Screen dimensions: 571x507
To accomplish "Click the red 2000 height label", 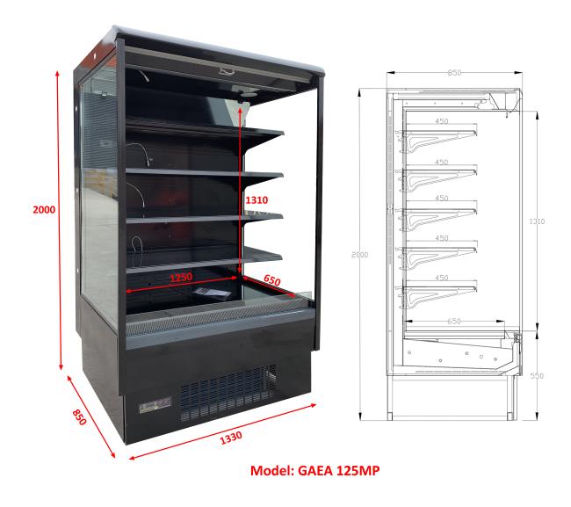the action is point(44,209).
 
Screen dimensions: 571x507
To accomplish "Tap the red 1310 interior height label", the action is point(257,200).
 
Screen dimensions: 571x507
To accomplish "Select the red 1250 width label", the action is point(181,278).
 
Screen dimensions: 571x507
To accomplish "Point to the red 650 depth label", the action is point(272,279).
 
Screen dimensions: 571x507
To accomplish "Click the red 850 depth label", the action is point(79,417).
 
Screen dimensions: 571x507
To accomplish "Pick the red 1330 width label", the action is point(231,438).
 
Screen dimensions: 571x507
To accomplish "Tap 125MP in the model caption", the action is point(358,471).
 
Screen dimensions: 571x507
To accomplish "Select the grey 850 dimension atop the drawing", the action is point(454,72).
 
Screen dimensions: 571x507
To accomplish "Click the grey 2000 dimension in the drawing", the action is point(360,255).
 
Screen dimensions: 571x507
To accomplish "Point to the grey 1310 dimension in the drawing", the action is point(537,221).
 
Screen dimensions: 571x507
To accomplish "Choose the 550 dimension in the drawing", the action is point(537,375).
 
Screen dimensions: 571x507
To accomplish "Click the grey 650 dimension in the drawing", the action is point(454,321).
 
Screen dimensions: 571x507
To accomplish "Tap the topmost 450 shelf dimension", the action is point(441,121).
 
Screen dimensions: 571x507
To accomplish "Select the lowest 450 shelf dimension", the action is point(441,278).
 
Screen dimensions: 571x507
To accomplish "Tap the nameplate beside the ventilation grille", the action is point(155,404).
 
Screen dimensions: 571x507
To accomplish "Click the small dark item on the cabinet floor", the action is point(212,293).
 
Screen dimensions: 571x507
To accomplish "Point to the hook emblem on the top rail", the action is point(227,70).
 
